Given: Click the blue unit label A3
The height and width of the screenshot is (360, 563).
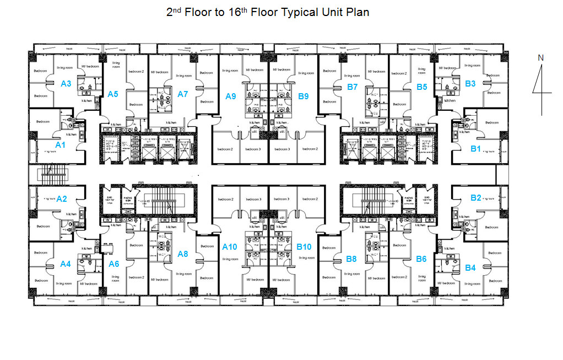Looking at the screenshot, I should (66, 83).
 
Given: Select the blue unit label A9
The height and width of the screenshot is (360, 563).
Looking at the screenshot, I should (230, 96).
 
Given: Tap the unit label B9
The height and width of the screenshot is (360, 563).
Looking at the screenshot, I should (303, 96).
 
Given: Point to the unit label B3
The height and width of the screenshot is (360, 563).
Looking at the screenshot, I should (470, 84).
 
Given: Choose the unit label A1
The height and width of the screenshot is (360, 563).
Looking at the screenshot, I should (60, 144).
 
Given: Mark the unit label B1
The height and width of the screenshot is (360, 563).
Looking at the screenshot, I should (475, 148).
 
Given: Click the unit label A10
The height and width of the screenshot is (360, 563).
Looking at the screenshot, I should (229, 247).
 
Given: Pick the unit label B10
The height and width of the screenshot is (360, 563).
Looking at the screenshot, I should (305, 247).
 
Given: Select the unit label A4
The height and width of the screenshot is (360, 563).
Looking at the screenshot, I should (66, 264).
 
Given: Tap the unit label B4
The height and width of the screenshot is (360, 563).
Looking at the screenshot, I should (470, 267).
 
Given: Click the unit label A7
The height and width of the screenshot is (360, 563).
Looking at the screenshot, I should (183, 94).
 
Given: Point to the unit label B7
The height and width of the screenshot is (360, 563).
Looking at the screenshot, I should (352, 87).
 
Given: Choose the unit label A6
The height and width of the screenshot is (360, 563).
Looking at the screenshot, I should (114, 264).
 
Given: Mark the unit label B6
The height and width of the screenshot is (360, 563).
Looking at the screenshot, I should (421, 259).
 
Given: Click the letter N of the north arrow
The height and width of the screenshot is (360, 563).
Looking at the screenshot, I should (540, 57).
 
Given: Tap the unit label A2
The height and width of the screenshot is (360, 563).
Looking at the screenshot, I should (62, 199).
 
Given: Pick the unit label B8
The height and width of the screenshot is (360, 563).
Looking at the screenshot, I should (351, 259).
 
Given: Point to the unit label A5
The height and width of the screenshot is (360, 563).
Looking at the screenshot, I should (112, 94).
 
